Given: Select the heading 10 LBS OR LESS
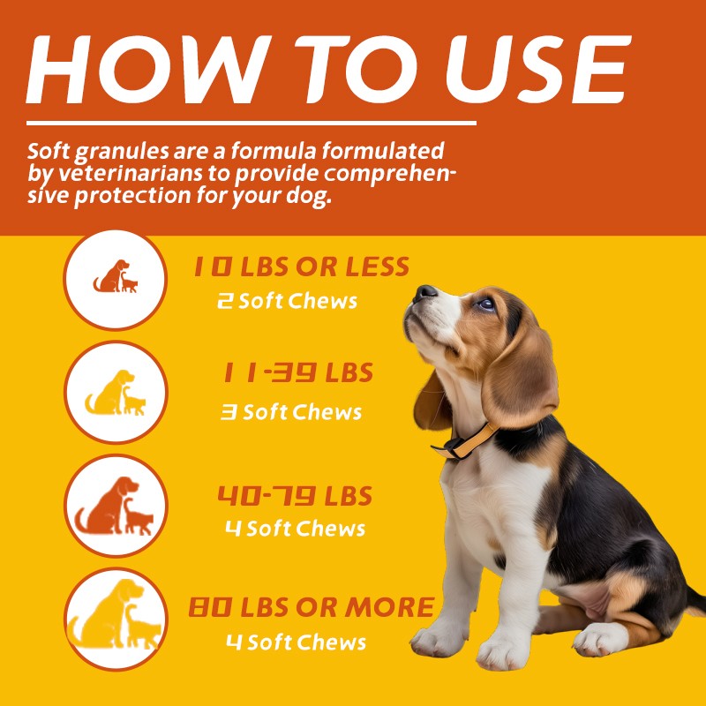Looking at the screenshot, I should click(x=301, y=267).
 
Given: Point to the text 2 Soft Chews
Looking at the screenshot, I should click(x=288, y=301).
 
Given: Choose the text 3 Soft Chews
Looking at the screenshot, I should click(x=290, y=412).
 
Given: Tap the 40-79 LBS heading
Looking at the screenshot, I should click(x=295, y=496).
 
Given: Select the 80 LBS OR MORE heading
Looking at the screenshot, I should click(x=311, y=607).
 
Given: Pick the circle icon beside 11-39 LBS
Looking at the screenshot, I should click(x=116, y=392).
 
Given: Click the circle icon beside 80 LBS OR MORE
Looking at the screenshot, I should click(x=116, y=619).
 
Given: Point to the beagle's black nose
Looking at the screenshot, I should click(x=426, y=293).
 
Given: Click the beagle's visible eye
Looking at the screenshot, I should click(x=486, y=304).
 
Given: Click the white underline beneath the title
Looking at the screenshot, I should click(x=252, y=124).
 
